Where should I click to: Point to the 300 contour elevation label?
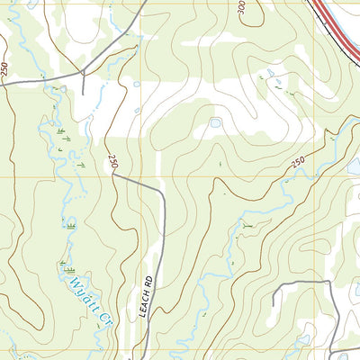tap(242, 8)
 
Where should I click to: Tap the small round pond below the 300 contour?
tap(215, 122)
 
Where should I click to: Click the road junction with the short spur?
tap(83, 74)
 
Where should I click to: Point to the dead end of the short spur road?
tap(84, 94)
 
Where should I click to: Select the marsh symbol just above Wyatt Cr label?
tap(67, 265)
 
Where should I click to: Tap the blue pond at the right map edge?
tap(354, 166)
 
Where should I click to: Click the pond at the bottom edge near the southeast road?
tap(343, 356)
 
